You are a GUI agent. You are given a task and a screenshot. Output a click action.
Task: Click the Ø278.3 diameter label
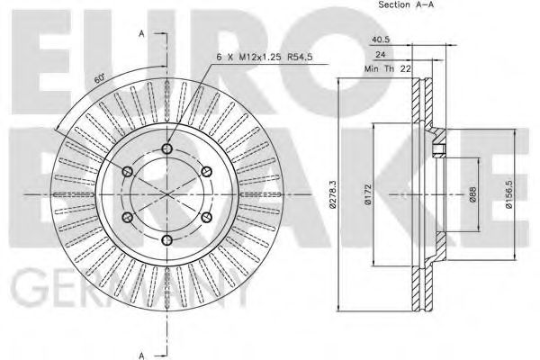tap(333, 193)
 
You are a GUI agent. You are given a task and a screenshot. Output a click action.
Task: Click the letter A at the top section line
tap(142, 34)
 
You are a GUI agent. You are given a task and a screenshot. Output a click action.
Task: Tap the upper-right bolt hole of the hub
tap(207, 172)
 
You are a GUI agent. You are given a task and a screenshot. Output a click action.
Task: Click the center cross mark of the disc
tap(167, 194)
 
